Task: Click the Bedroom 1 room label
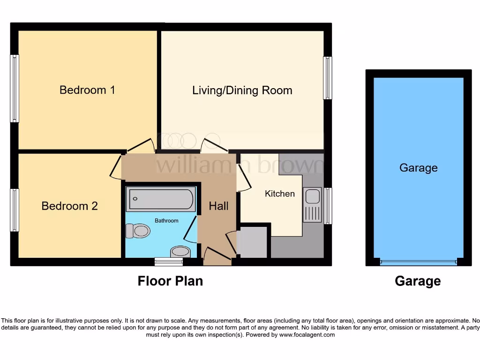coord(87,90)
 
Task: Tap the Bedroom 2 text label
coord(69,206)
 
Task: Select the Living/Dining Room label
coord(242,90)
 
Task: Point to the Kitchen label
coord(280,194)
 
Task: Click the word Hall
coord(218,206)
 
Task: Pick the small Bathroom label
coord(167,220)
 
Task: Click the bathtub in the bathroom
coord(160,199)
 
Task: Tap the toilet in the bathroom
coord(138,231)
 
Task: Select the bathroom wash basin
coord(180,252)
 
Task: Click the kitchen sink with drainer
coord(312,205)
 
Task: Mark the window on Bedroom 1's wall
coord(15,89)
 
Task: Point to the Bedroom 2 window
coord(15,210)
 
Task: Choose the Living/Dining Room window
coord(328,78)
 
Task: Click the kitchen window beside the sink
coord(328,205)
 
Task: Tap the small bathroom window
coord(169,262)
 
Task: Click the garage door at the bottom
coord(418,262)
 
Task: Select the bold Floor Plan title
coord(170,281)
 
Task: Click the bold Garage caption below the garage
coord(418,281)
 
